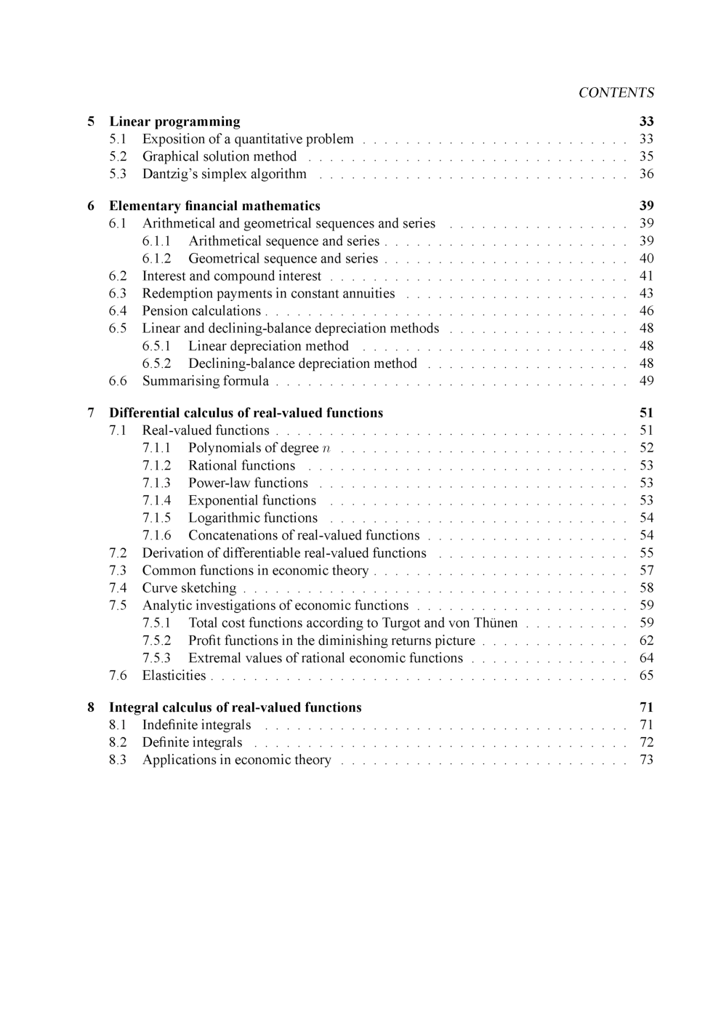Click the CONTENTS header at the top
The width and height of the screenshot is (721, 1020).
tap(616, 92)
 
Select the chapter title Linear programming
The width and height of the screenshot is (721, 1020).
tap(174, 121)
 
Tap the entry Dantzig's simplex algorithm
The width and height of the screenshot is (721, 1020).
tap(224, 174)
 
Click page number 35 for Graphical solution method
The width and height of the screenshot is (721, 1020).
tap(646, 156)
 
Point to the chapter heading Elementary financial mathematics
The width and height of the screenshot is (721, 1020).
tap(214, 206)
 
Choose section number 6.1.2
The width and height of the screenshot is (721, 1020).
tap(156, 258)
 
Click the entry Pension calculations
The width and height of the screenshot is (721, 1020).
tap(201, 310)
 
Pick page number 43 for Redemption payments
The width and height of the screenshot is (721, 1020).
tap(646, 293)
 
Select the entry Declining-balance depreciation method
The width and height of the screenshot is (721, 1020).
tap(302, 364)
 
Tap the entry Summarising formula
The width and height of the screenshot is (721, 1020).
tap(205, 381)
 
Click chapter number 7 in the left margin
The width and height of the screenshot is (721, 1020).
tap(91, 413)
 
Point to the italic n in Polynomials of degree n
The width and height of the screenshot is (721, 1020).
tap(326, 449)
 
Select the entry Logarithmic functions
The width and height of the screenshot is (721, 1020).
tap(253, 518)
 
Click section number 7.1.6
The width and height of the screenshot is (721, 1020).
tap(156, 535)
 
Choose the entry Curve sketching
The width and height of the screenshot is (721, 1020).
tap(189, 587)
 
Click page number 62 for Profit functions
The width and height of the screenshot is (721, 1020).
tap(646, 640)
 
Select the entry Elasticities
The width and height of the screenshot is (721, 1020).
tap(174, 675)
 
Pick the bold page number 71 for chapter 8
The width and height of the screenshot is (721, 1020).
tap(646, 707)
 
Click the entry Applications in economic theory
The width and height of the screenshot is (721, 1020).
tap(236, 760)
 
